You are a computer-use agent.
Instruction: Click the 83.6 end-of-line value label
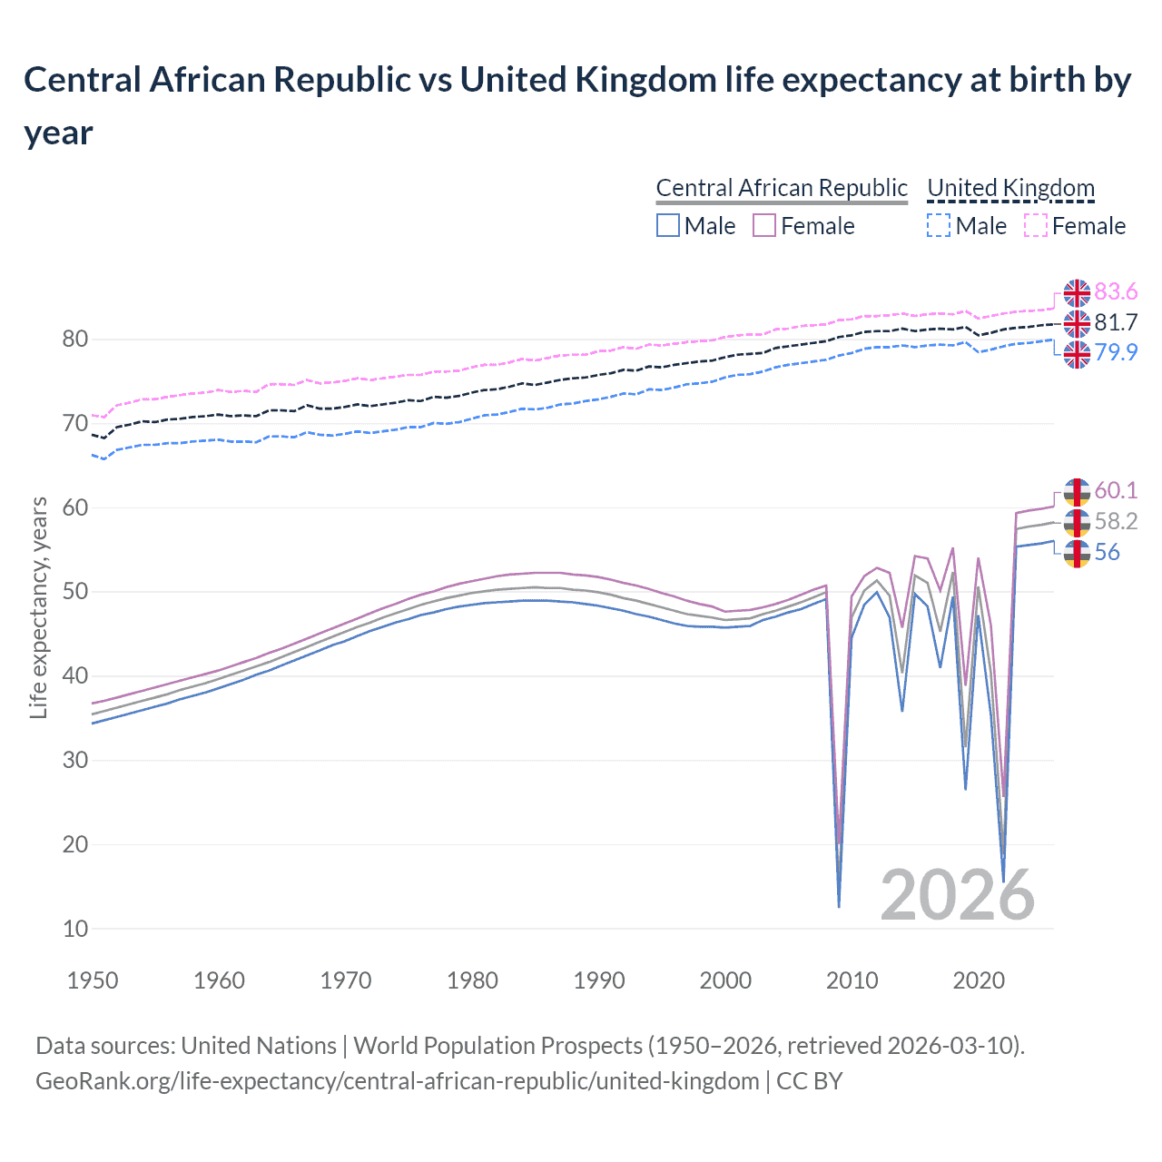1116,292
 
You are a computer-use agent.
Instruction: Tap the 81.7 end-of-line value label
1116,323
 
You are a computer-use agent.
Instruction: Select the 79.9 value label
1116,353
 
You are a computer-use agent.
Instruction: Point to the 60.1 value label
1116,491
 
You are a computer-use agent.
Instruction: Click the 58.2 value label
1116,522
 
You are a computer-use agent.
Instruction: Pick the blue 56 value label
1107,553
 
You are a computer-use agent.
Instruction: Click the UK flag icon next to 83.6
1077,293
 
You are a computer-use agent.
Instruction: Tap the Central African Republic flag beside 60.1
1077,492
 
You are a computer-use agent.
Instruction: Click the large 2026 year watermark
957,895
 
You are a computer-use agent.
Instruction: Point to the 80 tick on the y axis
75,340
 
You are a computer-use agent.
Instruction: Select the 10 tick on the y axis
75,929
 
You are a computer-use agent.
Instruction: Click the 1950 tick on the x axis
93,981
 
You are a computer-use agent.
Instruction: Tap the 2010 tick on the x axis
852,981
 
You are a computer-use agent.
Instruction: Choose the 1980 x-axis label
472,981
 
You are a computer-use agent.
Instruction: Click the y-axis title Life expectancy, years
38,607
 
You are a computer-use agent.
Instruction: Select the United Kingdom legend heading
1010,188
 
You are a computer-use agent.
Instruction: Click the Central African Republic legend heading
781,188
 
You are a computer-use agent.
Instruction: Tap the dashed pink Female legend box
1036,226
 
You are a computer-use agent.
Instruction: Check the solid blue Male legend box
668,226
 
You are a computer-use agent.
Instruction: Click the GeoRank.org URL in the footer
398,1081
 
